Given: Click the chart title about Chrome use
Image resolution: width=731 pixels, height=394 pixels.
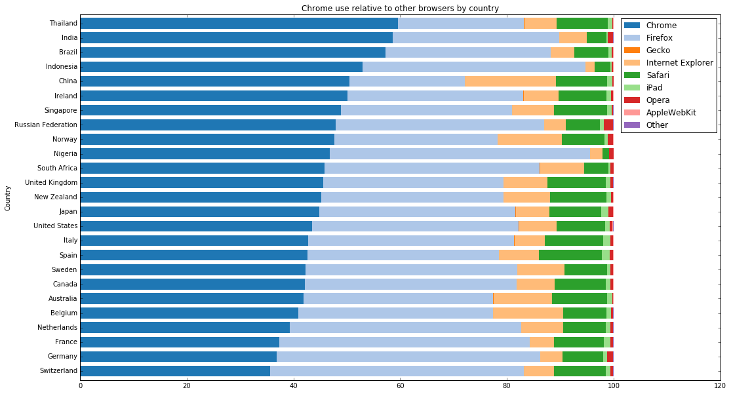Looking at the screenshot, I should [x=400, y=9].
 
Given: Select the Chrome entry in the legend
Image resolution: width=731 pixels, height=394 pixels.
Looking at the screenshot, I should [x=659, y=25].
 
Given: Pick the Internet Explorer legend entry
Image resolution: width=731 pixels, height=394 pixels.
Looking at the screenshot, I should [x=679, y=62].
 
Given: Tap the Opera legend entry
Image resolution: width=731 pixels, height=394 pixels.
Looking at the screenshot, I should [x=658, y=100].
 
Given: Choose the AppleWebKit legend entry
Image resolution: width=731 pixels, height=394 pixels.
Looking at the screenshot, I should [x=671, y=112].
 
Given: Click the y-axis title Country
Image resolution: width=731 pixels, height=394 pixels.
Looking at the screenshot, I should [x=8, y=198].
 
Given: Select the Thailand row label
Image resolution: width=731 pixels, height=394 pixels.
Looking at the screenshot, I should [x=64, y=24].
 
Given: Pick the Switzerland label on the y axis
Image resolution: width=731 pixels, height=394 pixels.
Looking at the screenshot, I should [x=59, y=370].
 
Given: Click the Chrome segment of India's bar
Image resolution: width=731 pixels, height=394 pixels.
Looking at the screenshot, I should [x=236, y=37].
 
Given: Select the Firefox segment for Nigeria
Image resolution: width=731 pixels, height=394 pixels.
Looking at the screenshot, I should [x=459, y=153].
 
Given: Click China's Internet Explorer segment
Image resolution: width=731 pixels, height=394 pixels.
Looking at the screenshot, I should [x=510, y=81].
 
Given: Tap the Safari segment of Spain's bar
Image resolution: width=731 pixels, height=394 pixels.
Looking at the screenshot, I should [x=570, y=254].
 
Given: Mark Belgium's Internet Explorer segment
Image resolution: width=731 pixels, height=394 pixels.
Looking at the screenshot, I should [x=527, y=313].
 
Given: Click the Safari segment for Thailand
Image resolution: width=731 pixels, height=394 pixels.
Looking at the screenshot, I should [x=582, y=23].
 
